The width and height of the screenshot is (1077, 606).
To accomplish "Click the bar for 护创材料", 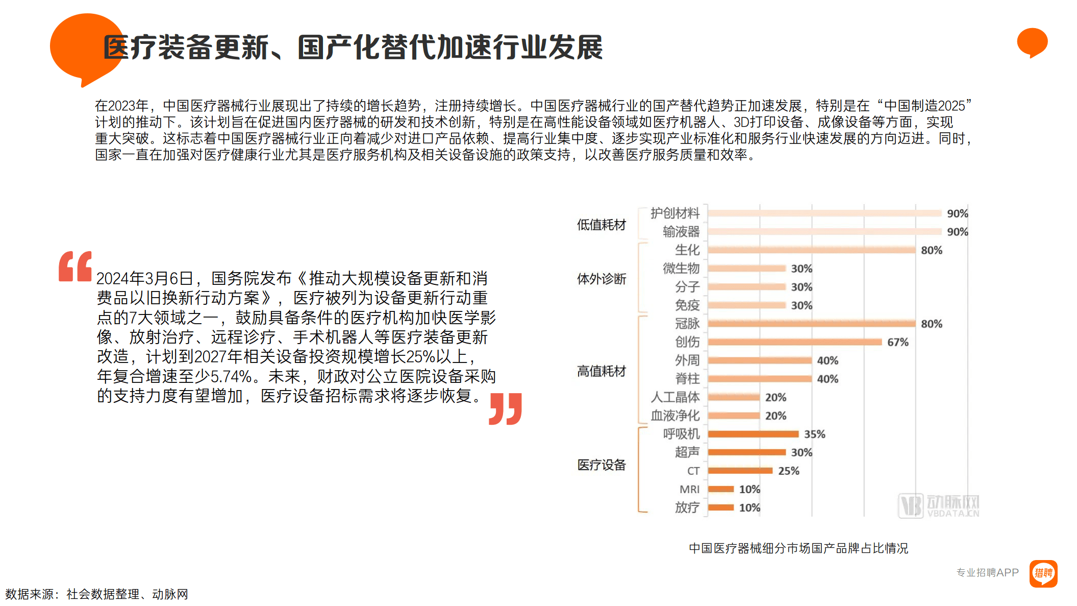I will point(824,213).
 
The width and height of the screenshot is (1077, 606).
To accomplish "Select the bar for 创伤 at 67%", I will point(794,342).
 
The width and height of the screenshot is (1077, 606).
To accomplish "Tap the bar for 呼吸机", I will point(753,434).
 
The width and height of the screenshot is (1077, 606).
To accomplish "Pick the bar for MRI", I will point(720,489).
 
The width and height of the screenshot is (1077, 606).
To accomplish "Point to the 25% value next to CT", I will point(788,471).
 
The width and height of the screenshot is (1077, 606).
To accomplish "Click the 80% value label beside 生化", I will point(931,250).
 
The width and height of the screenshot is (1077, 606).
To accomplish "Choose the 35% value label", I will point(814,434).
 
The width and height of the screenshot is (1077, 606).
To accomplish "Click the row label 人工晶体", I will point(675,397).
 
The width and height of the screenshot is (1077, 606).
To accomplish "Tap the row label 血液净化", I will point(675,416).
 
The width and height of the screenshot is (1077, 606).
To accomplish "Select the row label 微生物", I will point(681,269).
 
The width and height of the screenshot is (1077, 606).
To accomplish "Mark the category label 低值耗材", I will point(601,225).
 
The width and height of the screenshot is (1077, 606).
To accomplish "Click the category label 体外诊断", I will point(601,279).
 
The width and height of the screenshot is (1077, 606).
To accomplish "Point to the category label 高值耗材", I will point(601,371).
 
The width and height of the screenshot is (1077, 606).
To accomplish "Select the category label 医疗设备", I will point(601,465).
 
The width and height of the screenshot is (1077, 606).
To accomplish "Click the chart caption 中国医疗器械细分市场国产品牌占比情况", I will point(798,548).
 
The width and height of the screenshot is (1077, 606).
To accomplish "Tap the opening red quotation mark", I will point(75,266).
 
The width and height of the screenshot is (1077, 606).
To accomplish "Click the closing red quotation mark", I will point(505,408).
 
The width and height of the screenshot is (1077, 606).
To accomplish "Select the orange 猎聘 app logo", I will point(1043,573).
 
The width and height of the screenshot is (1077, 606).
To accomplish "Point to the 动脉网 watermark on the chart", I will point(938,505).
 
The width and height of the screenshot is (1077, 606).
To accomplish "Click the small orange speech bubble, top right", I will point(1032,42).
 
